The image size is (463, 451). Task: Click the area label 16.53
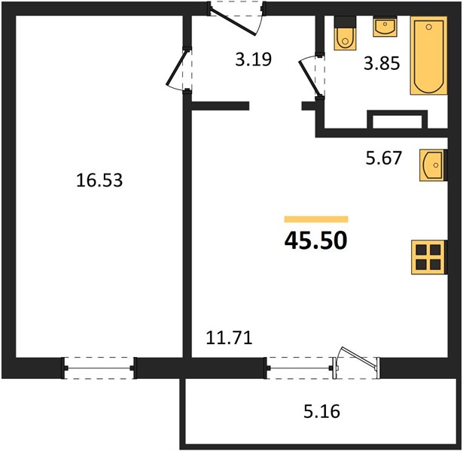[99, 180]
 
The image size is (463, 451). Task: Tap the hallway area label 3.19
[254, 59]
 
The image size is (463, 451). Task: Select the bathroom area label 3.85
[382, 63]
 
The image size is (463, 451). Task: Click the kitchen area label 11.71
[229, 337]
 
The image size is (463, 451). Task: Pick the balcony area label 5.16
[322, 411]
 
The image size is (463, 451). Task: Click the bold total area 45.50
[316, 241]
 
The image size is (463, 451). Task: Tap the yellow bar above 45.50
[316, 219]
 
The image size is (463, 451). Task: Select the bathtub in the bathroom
[429, 56]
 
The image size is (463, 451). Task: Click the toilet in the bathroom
[345, 33]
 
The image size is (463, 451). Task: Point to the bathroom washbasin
[385, 26]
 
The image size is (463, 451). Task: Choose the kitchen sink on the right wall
[433, 165]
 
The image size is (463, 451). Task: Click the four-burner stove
[429, 257]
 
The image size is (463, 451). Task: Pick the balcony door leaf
[357, 358]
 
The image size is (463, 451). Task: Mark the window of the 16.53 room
[99, 368]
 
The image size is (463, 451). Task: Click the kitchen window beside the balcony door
[300, 368]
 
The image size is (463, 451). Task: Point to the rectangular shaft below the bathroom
[398, 120]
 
